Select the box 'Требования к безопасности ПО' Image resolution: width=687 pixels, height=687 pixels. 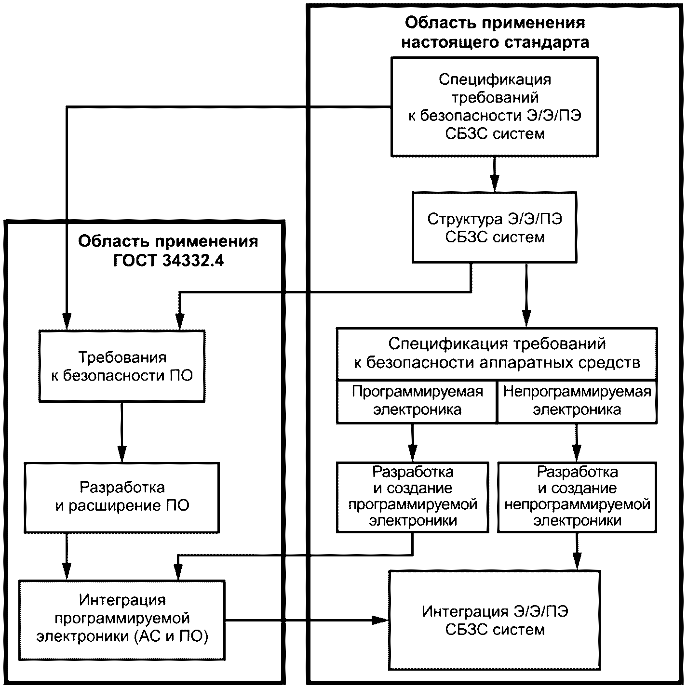click(x=121, y=366)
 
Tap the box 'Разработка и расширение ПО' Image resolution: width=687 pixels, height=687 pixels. click(x=121, y=497)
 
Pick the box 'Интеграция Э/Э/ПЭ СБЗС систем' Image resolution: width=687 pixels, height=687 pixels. click(x=495, y=620)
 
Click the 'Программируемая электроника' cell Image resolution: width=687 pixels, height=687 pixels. click(x=417, y=401)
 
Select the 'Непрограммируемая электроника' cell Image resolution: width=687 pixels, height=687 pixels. click(x=577, y=401)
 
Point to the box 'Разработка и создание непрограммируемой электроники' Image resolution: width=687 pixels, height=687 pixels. click(x=577, y=497)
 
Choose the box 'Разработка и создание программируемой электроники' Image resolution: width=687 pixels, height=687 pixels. click(x=413, y=497)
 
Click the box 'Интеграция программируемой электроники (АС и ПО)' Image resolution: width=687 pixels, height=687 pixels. click(x=121, y=619)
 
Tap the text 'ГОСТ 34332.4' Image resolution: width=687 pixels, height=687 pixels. click(x=168, y=260)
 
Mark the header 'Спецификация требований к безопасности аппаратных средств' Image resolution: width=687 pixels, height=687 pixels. click(x=497, y=353)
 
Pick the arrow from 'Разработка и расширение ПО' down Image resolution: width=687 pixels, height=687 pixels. click(x=67, y=556)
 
